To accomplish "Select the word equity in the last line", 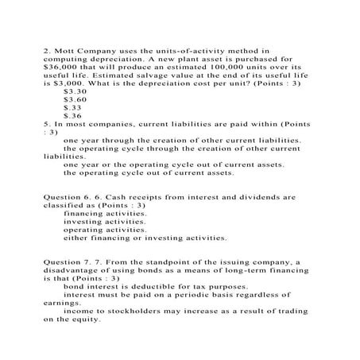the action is pos(85,320).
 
